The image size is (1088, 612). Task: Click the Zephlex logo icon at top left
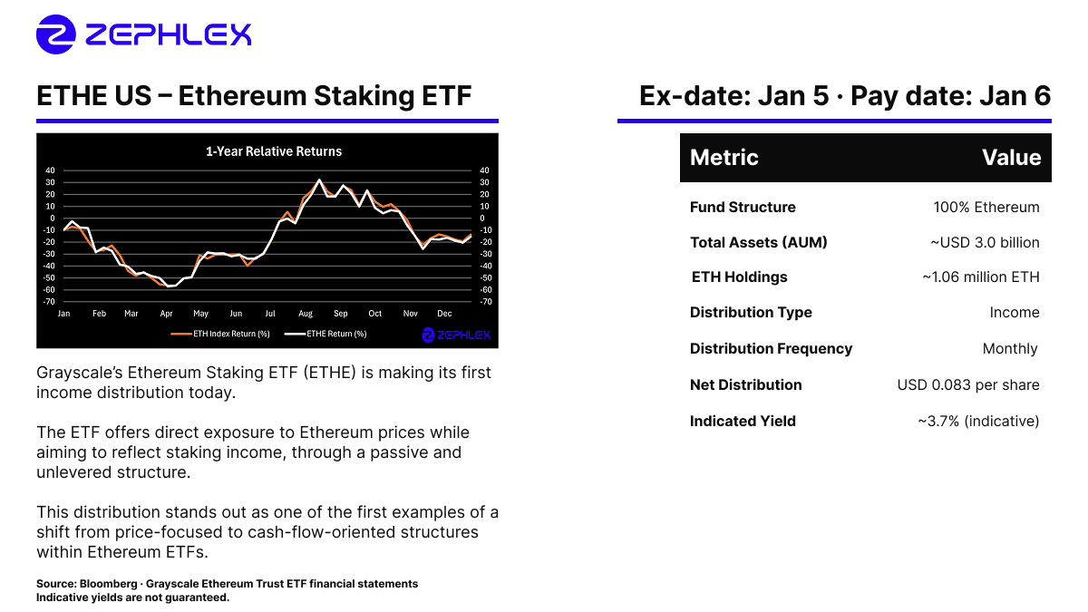tap(56, 34)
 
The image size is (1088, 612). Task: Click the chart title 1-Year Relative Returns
tap(274, 151)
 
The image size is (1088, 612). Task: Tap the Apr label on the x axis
tap(166, 314)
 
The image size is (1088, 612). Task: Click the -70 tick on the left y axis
tap(49, 301)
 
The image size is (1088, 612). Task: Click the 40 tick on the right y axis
tap(484, 170)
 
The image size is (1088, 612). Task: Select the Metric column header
tap(724, 158)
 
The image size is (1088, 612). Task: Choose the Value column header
tap(1011, 158)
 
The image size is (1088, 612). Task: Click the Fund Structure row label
tap(743, 207)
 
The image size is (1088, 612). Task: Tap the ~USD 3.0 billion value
tap(984, 242)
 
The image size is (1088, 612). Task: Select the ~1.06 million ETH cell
tap(980, 277)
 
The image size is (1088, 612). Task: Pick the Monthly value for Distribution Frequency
tap(1010, 349)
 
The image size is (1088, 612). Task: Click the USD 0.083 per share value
tap(968, 384)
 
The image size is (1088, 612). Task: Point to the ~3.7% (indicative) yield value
tap(978, 421)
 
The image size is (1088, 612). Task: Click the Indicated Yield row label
tap(743, 421)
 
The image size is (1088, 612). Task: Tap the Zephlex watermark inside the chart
tap(457, 335)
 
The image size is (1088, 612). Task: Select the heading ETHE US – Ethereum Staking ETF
tap(254, 96)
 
